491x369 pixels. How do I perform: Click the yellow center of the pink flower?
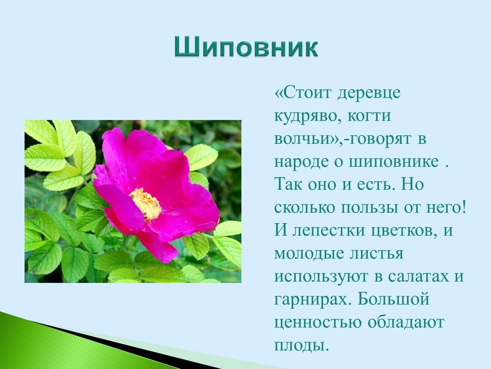pos(146,204)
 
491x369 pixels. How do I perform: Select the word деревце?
pos(369,93)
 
